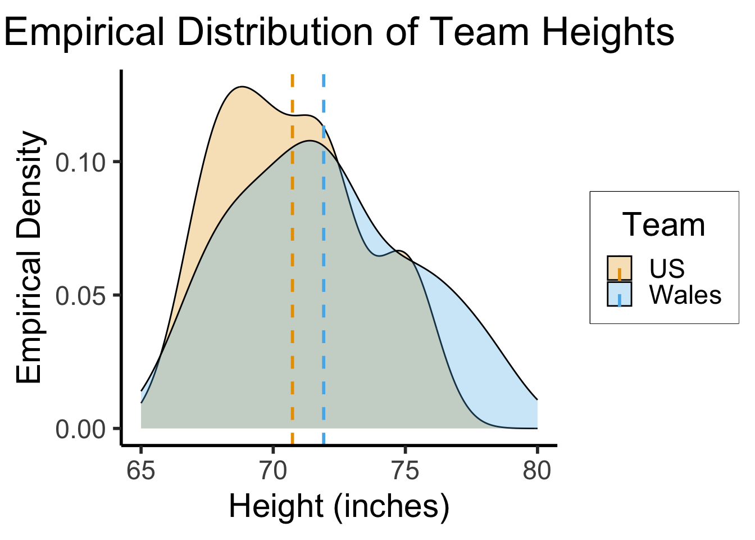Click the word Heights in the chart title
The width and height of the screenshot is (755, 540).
608,32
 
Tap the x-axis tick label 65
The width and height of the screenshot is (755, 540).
140,470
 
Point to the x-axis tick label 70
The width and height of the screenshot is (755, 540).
273,470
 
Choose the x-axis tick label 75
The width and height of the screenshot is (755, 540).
405,470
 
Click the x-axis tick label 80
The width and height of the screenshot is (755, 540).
537,470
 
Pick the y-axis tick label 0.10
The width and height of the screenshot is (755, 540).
81,163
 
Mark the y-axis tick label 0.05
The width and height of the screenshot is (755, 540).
81,296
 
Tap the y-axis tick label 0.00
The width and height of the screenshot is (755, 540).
81,429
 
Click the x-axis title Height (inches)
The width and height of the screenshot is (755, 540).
339,506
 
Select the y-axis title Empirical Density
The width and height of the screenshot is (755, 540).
29,258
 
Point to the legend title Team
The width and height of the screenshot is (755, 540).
663,225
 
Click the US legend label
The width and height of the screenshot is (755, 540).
667,268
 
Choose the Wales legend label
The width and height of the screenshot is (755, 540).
685,294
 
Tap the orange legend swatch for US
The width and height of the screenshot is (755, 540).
619,268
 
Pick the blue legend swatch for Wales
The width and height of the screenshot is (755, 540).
619,294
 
